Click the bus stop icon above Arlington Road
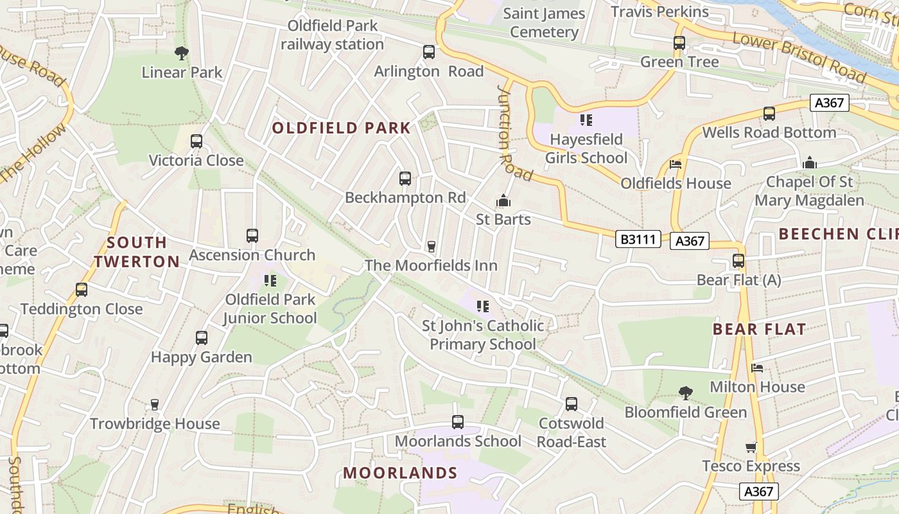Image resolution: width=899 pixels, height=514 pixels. [x=428, y=52]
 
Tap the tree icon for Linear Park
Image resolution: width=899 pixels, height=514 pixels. [x=182, y=53]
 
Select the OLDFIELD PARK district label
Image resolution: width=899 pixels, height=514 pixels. [x=341, y=128]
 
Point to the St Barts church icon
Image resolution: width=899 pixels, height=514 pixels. [x=503, y=201]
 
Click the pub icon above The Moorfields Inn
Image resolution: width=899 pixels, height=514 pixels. [x=432, y=247]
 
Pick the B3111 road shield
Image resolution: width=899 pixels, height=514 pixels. [x=638, y=240]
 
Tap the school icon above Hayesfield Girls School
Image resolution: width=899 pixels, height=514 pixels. [x=586, y=120]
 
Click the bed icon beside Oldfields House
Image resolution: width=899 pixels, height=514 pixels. [x=676, y=164]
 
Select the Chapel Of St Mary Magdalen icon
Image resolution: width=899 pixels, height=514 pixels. [x=809, y=163]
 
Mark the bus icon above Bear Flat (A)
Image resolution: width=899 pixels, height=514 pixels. [x=738, y=261]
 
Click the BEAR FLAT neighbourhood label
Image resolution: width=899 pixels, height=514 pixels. [x=759, y=330]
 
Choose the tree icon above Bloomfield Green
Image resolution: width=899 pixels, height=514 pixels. [x=686, y=393]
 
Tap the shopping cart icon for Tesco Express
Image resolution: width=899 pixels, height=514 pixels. [x=751, y=447]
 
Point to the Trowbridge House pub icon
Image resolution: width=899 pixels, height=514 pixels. [x=154, y=404]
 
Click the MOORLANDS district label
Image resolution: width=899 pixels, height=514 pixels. [x=400, y=474]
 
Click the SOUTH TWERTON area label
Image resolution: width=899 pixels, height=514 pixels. [x=137, y=252]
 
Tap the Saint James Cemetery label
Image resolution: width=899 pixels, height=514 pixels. [x=544, y=22]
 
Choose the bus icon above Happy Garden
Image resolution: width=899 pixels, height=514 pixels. [x=202, y=337]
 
